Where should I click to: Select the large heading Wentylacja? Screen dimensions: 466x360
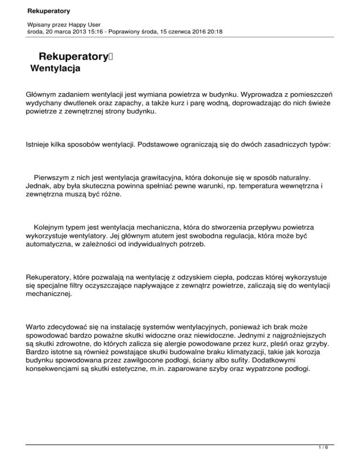click(55, 69)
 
